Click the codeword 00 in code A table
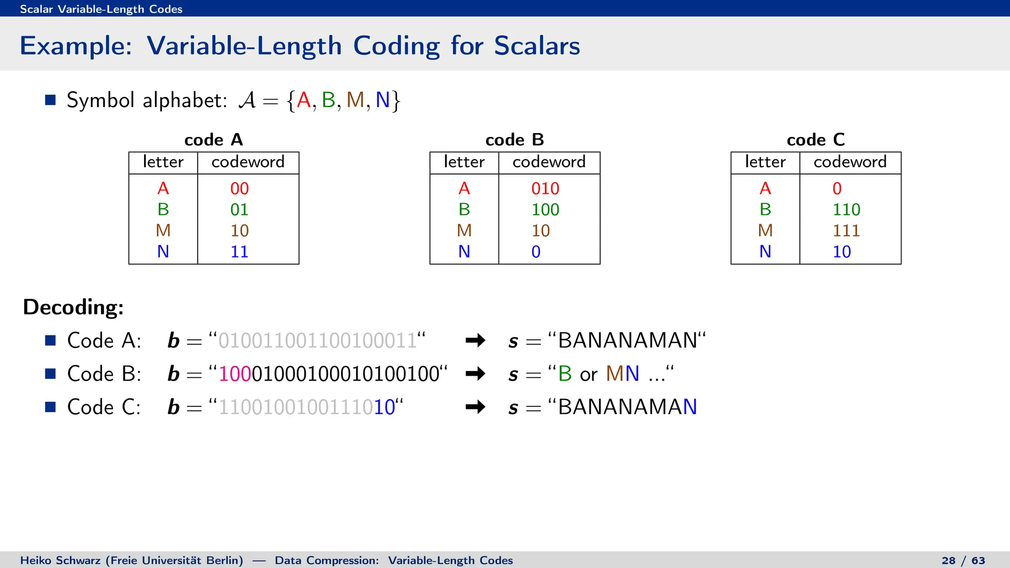tap(240, 188)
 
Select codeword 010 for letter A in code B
tap(545, 188)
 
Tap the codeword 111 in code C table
tap(846, 230)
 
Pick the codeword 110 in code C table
tap(846, 210)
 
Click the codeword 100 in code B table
tap(545, 210)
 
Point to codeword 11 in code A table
tap(240, 251)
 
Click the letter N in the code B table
tap(464, 251)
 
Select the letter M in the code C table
tap(765, 230)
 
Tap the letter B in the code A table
tap(163, 210)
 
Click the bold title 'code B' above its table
tap(514, 140)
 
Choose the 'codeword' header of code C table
tap(850, 162)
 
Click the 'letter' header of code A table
tap(163, 162)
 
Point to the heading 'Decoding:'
tap(73, 307)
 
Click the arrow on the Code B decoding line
tap(475, 374)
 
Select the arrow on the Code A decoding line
tap(475, 340)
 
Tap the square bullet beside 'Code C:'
tap(50, 407)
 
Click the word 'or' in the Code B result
tap(588, 375)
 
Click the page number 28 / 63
tap(963, 561)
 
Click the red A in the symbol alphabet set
tap(304, 100)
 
